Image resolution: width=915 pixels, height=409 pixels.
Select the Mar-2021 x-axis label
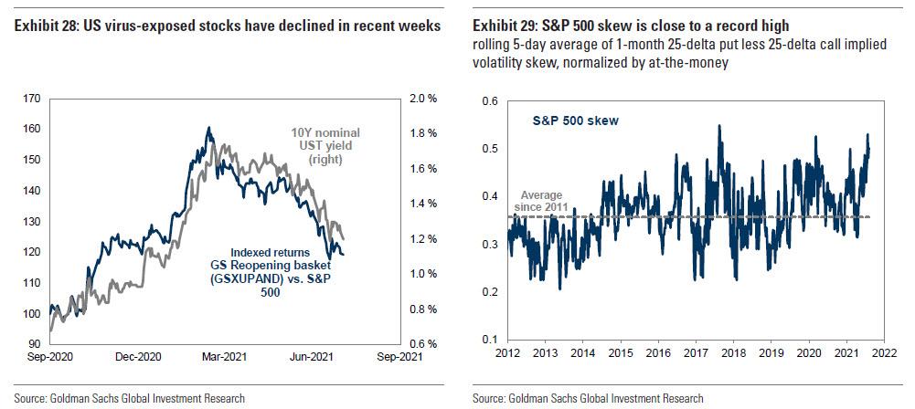point(223,358)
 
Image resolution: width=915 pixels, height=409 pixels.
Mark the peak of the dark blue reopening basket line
point(208,128)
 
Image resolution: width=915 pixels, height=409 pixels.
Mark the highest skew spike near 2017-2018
point(719,125)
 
